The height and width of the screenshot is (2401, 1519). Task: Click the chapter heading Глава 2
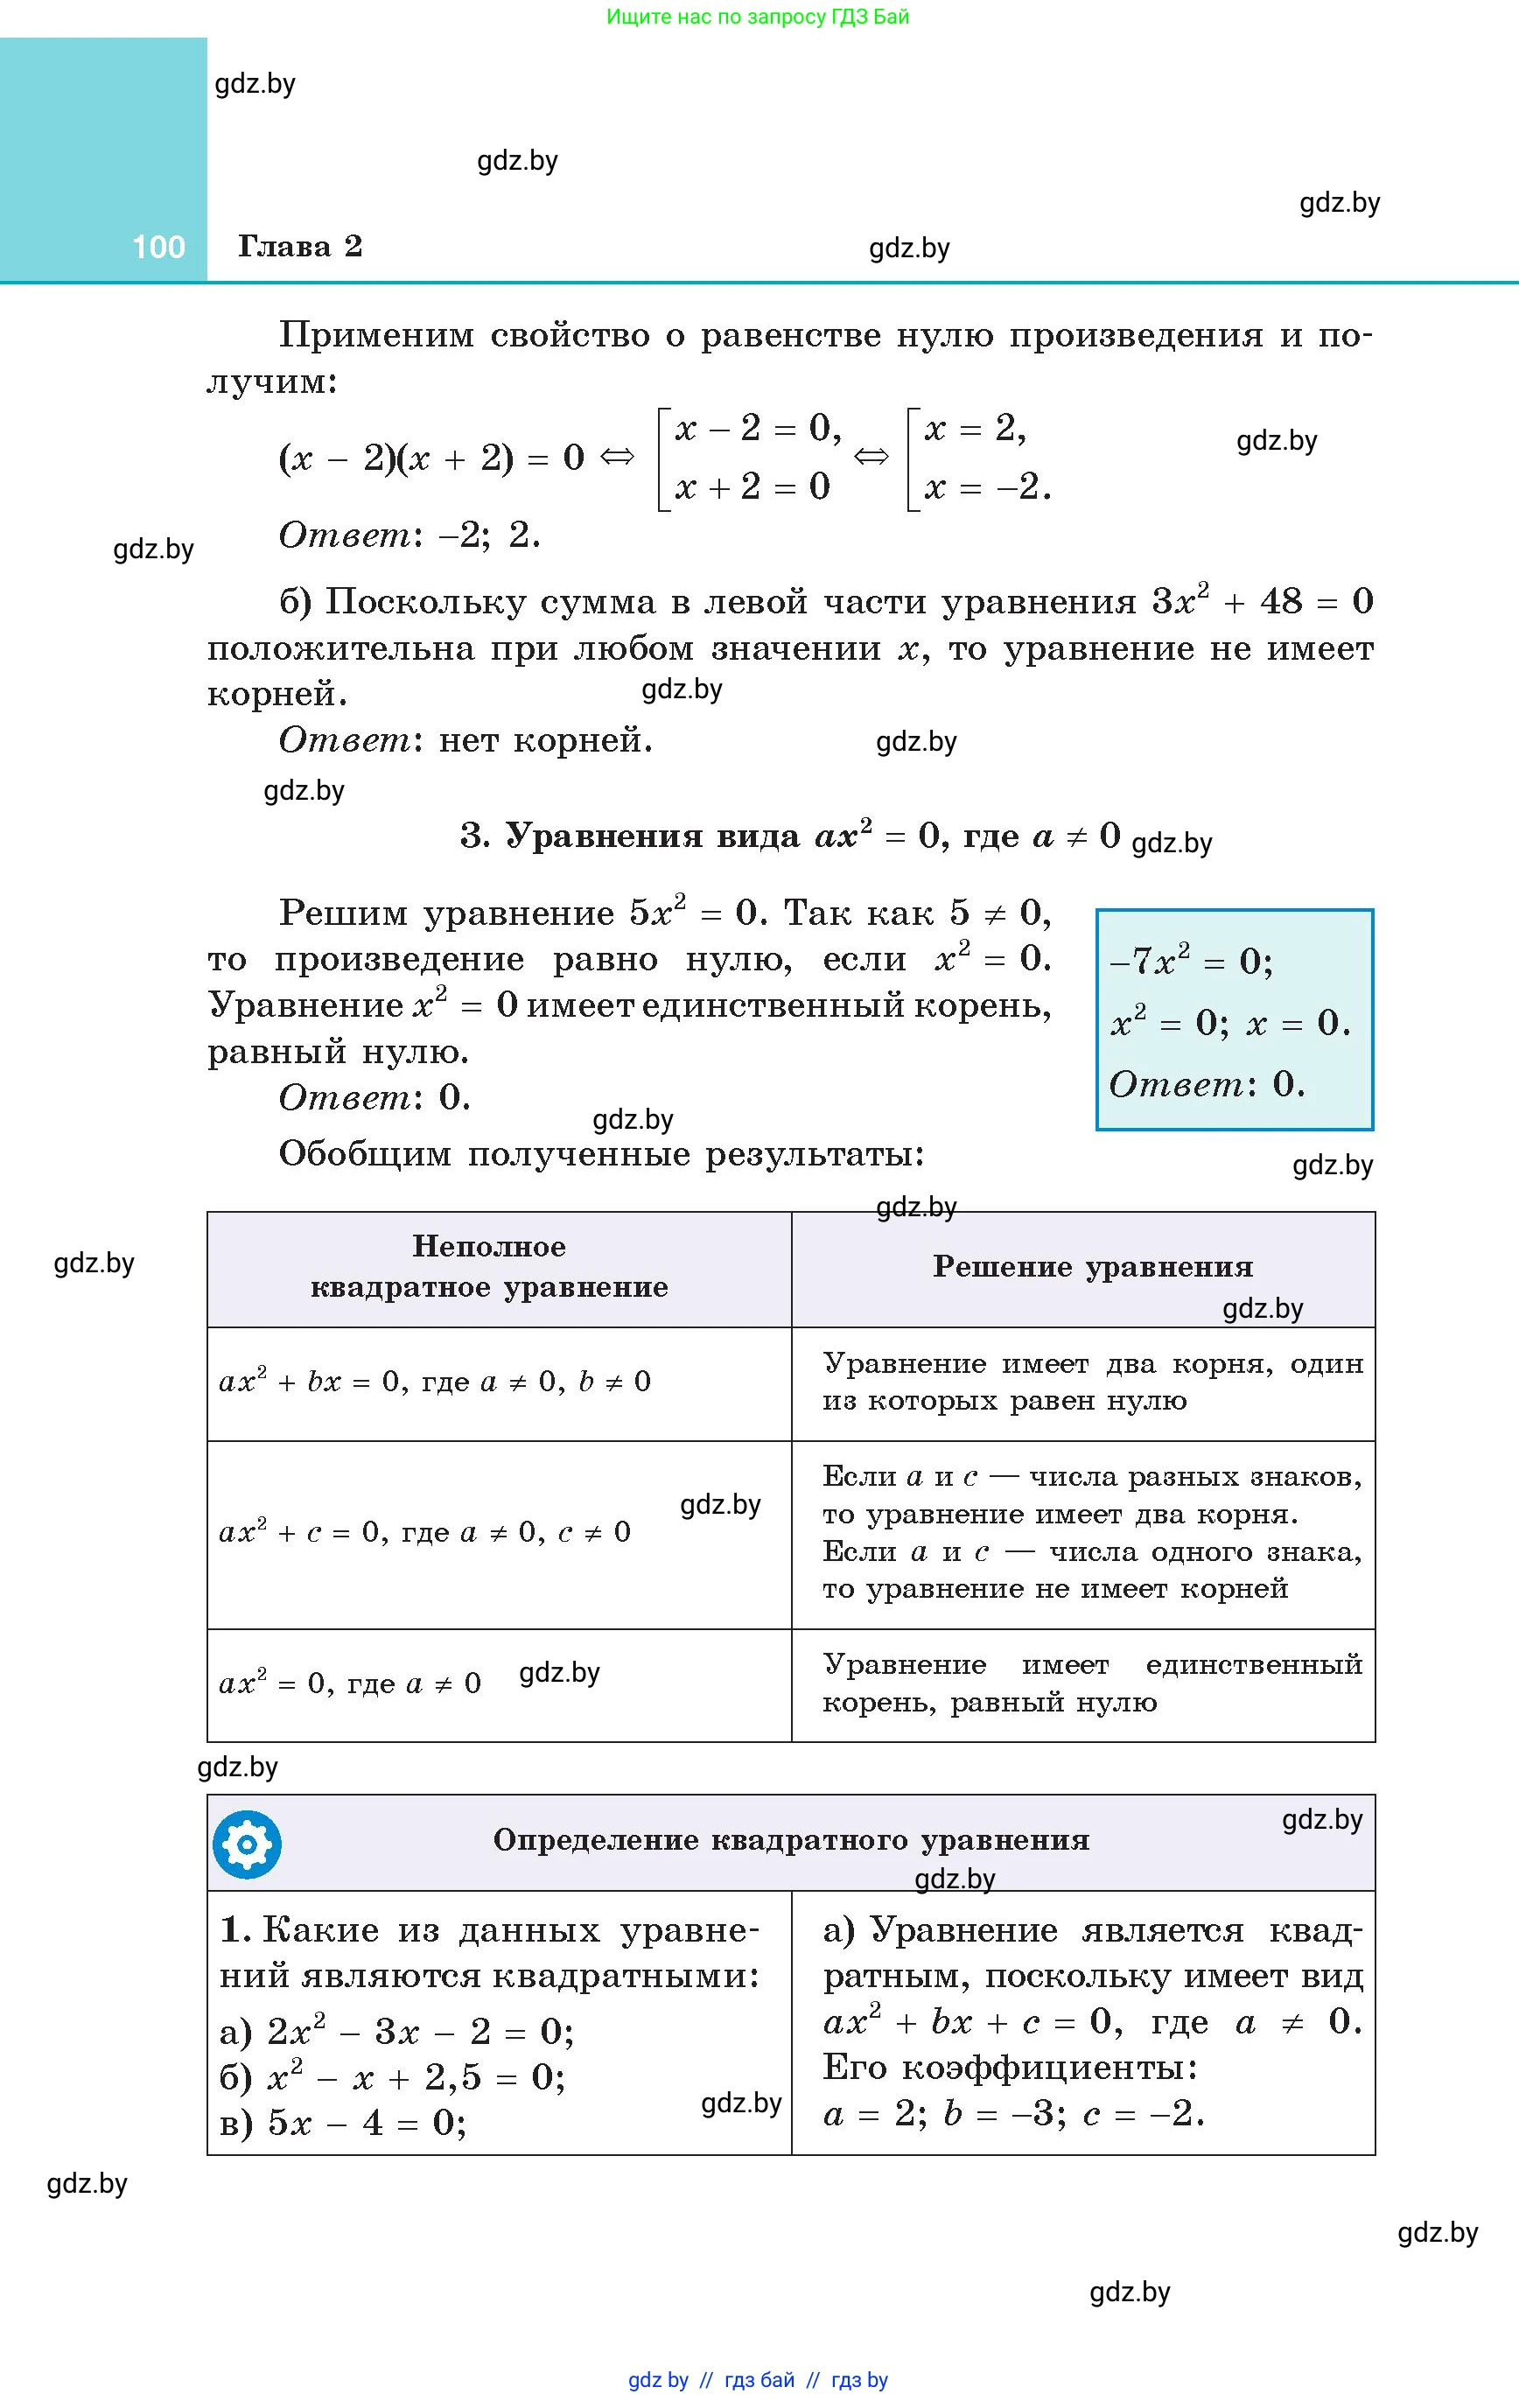pyautogui.click(x=299, y=246)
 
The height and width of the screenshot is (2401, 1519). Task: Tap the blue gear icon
pyautogui.click(x=247, y=1844)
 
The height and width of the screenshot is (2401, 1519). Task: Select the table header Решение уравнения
pyautogui.click(x=1092, y=1266)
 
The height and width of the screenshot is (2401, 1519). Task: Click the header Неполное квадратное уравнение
pyautogui.click(x=489, y=1266)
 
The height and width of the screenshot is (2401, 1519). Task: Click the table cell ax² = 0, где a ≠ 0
pyautogui.click(x=349, y=1684)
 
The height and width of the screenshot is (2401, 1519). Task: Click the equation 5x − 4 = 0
pyautogui.click(x=343, y=2123)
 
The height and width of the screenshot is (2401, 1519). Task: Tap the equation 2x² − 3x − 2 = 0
pyautogui.click(x=397, y=2031)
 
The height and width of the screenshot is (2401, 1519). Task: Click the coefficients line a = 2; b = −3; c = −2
pyautogui.click(x=1013, y=2114)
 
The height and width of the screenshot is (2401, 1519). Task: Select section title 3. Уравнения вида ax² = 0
pyautogui.click(x=790, y=836)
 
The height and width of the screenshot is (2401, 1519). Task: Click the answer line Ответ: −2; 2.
pyautogui.click(x=409, y=535)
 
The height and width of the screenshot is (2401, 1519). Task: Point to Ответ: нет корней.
pyautogui.click(x=465, y=740)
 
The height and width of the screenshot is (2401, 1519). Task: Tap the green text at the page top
pyautogui.click(x=758, y=17)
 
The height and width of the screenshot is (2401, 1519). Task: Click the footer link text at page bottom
pyautogui.click(x=758, y=2380)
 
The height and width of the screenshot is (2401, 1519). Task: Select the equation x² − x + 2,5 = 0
pyautogui.click(x=393, y=2077)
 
